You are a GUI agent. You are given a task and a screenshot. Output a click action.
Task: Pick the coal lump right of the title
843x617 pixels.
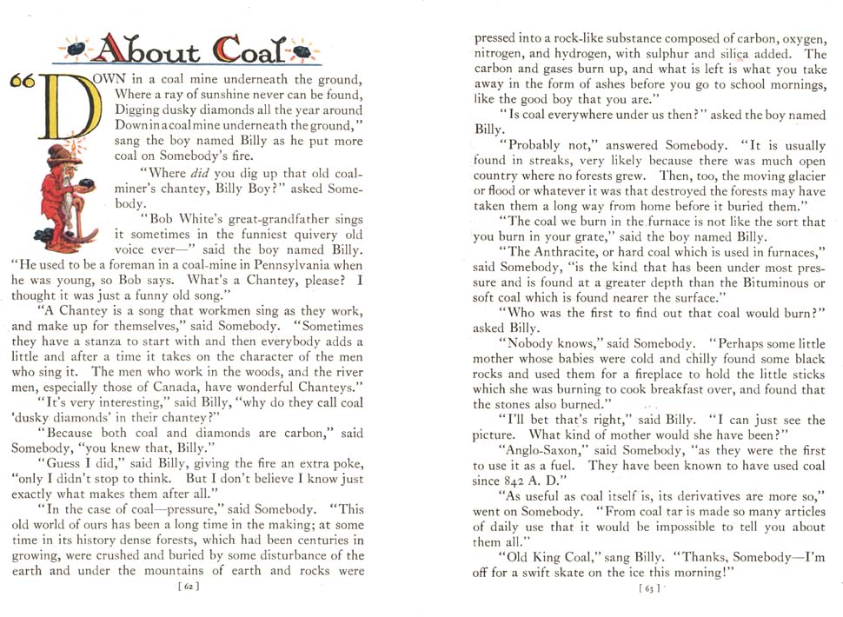pos(303,51)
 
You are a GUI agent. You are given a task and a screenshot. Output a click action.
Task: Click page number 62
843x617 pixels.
pos(187,587)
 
